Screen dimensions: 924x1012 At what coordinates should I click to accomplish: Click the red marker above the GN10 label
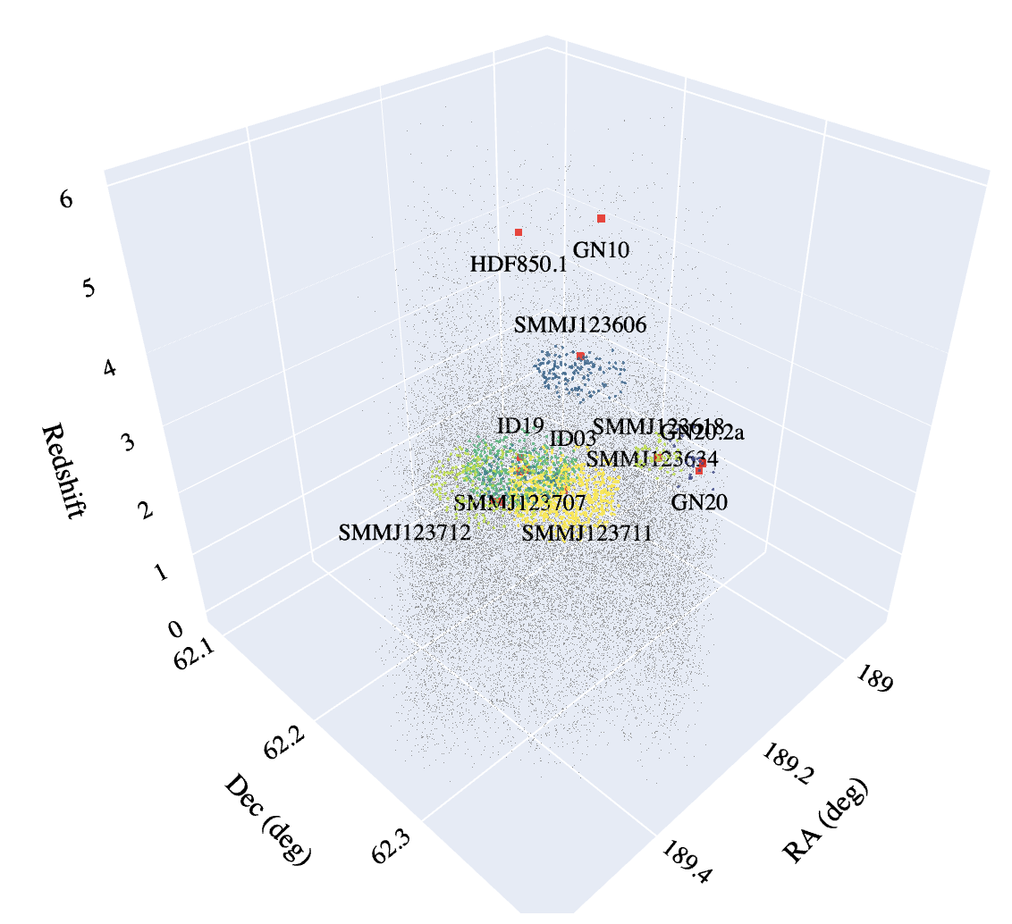pyautogui.click(x=602, y=218)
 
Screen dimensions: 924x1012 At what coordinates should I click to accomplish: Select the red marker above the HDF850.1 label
pyautogui.click(x=519, y=232)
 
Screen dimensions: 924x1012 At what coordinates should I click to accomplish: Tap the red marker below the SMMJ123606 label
pyautogui.click(x=580, y=356)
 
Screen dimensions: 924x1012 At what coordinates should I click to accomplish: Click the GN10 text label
pyautogui.click(x=602, y=250)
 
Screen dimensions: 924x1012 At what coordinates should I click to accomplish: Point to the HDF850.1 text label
pyautogui.click(x=518, y=265)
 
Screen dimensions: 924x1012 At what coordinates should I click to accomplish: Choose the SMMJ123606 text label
pyautogui.click(x=579, y=325)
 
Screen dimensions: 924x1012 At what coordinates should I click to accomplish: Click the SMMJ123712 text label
pyautogui.click(x=404, y=533)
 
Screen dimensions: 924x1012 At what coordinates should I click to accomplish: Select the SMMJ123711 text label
pyautogui.click(x=586, y=533)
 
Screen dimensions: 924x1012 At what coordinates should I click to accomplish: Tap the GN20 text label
pyautogui.click(x=699, y=502)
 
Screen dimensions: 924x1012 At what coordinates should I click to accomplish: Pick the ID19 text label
pyautogui.click(x=519, y=426)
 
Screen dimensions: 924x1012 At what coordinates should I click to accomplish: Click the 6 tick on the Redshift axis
pyautogui.click(x=66, y=199)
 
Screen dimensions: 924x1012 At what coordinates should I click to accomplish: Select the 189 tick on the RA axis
pyautogui.click(x=877, y=680)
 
